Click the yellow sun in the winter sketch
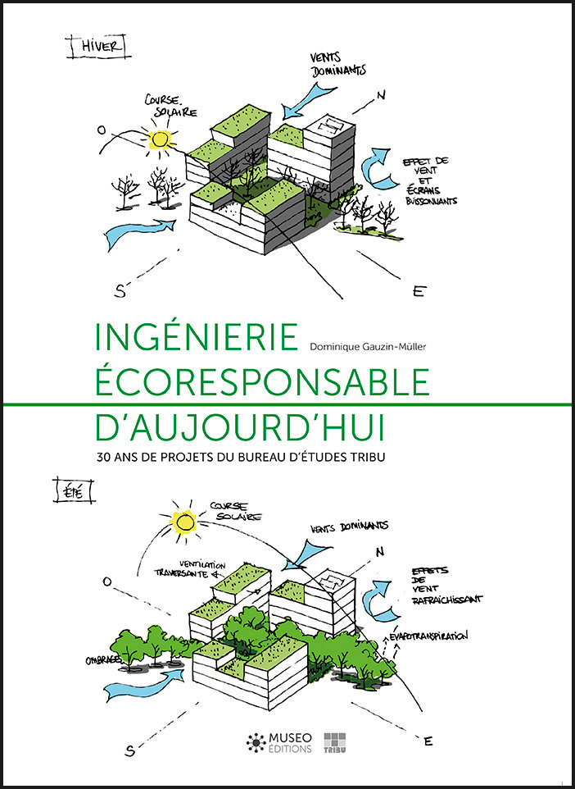[x=161, y=139]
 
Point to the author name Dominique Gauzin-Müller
[x=368, y=346]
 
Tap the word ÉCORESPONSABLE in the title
[x=262, y=382]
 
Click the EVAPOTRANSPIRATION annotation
[x=428, y=636]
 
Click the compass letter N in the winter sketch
[x=381, y=94]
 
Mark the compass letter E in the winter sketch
[x=418, y=291]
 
